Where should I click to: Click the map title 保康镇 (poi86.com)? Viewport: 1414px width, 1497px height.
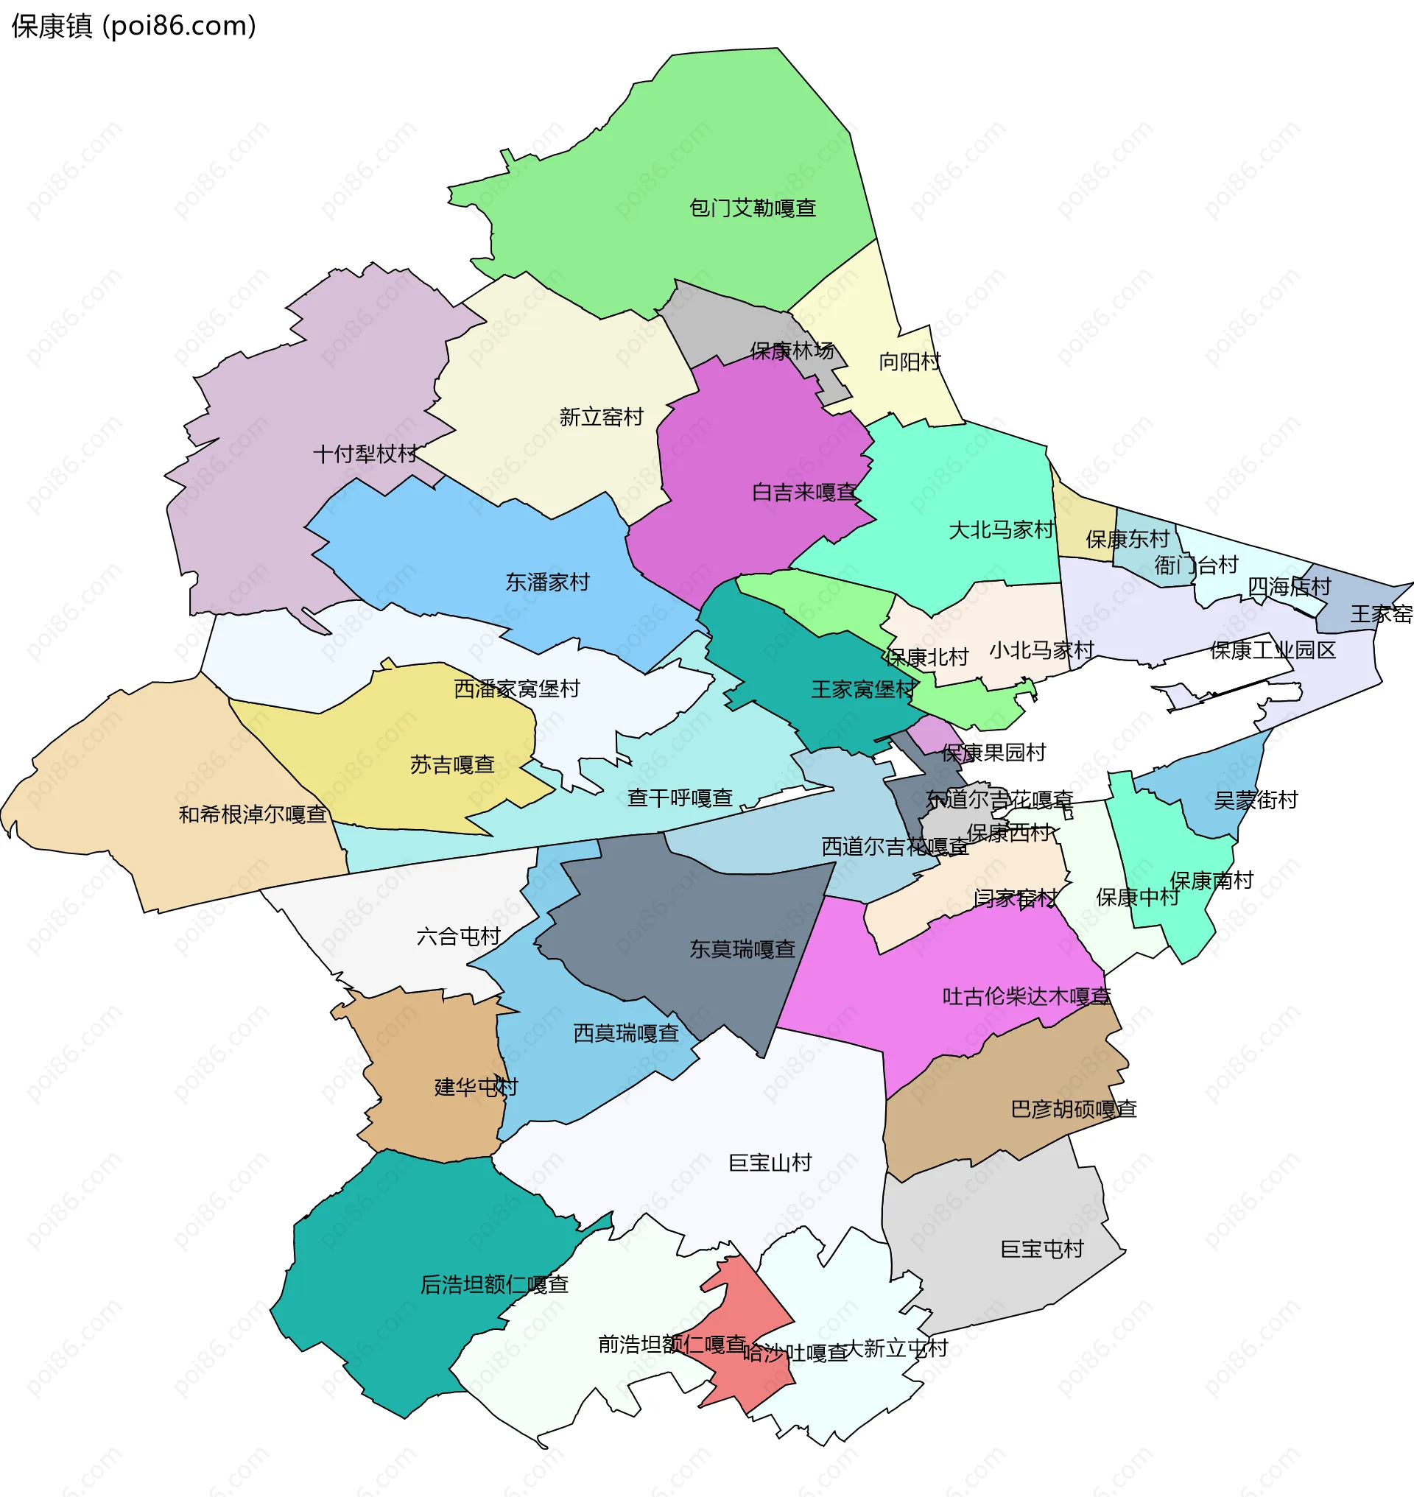coord(133,27)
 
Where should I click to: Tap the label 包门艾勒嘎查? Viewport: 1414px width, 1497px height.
coord(752,208)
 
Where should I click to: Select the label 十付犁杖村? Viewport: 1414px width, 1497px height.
coord(365,454)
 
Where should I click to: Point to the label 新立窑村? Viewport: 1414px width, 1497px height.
coord(601,417)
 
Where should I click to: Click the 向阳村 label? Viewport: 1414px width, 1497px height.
coord(910,362)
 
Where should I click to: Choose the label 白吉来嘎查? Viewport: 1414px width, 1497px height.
coord(804,492)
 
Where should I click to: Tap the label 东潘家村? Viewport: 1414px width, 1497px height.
coord(547,582)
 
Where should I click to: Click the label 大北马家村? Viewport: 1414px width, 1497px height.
coord(1001,530)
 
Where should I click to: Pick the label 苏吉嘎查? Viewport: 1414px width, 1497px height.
coord(452,764)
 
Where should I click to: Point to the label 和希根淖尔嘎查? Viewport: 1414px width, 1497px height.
coord(253,814)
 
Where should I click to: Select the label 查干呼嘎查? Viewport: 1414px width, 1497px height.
coord(680,797)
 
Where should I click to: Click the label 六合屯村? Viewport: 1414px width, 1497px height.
coord(458,936)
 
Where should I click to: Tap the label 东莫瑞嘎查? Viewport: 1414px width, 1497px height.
coord(742,949)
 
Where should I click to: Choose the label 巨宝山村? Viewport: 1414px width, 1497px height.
coord(770,1162)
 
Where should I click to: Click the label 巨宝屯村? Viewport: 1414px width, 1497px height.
coord(1041,1249)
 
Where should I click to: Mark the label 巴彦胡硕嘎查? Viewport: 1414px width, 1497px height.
coord(1073,1109)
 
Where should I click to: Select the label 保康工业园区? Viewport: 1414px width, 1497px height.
coord(1273,649)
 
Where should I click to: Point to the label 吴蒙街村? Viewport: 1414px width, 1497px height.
coord(1256,800)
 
